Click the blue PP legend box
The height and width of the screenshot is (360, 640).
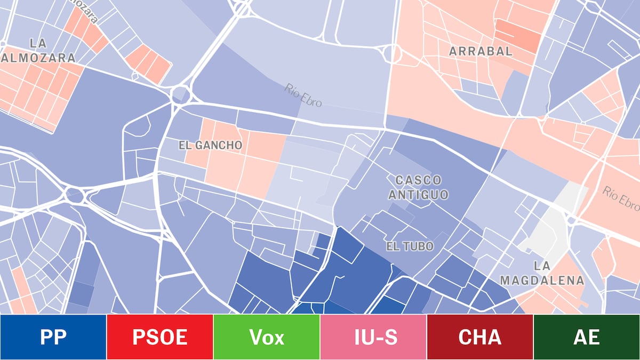click(53, 337)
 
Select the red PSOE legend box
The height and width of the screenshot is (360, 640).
click(160, 337)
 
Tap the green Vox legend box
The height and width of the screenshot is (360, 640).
click(267, 337)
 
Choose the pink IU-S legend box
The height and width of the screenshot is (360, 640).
click(373, 337)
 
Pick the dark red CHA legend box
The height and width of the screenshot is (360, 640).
click(480, 337)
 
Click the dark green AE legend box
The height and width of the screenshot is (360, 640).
click(587, 337)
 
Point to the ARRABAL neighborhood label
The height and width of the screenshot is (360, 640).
click(481, 51)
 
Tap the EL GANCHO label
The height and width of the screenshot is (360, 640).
click(210, 145)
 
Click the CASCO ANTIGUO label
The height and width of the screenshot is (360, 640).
click(418, 187)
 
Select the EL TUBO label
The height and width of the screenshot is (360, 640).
click(410, 246)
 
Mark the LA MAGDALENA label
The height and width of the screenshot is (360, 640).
click(542, 273)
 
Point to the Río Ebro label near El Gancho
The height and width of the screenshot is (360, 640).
click(303, 94)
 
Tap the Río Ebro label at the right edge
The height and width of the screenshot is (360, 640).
click(621, 197)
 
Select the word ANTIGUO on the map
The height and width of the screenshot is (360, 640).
click(418, 195)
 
